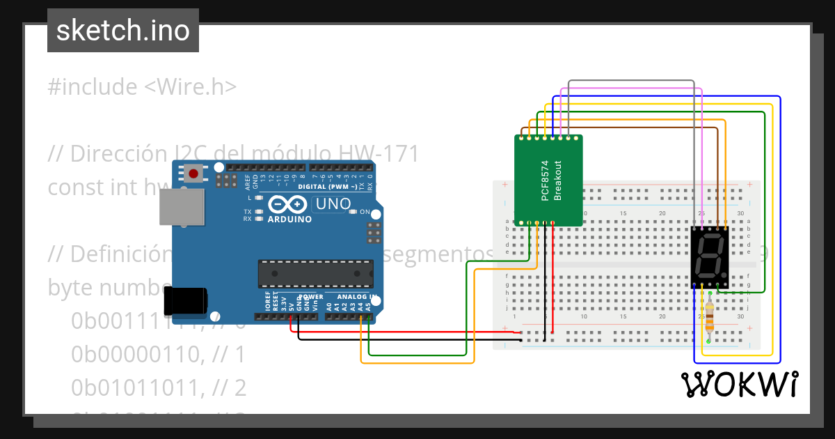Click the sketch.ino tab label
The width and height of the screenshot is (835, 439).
123,31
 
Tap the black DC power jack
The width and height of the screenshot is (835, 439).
184,300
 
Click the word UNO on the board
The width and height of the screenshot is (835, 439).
333,204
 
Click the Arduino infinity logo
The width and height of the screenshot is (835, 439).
287,204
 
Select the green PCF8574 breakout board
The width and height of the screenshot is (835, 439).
548,180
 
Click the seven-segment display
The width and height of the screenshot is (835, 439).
710,256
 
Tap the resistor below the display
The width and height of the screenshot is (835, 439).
709,318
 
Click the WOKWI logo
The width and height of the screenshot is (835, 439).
739,384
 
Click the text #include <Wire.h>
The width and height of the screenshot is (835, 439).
143,87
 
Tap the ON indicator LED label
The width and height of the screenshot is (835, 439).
365,211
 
